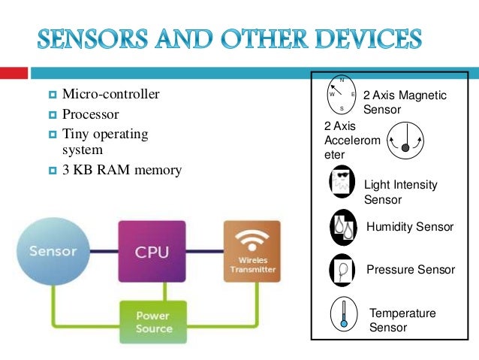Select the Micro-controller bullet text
click(x=110, y=95)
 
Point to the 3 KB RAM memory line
click(x=122, y=170)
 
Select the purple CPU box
click(x=151, y=251)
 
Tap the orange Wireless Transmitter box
click(x=251, y=251)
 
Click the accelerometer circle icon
click(x=405, y=142)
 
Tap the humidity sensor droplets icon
click(x=342, y=227)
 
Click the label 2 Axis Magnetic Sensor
click(x=404, y=103)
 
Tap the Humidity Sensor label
click(x=409, y=227)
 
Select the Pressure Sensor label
click(x=410, y=270)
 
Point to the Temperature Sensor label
click(x=402, y=320)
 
